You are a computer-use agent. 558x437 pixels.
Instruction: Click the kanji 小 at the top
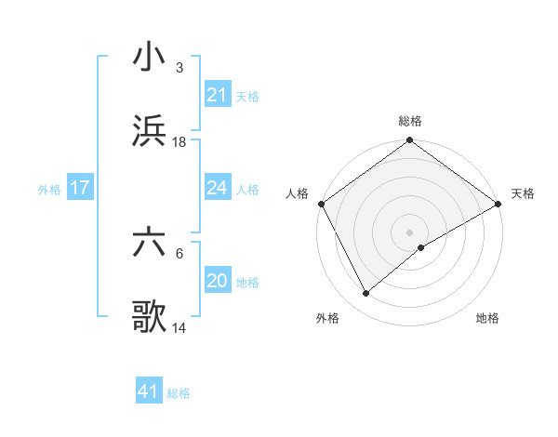[x=149, y=58]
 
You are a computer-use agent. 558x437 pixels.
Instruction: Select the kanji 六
[x=149, y=245]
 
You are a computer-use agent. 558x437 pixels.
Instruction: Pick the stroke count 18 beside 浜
[x=179, y=142]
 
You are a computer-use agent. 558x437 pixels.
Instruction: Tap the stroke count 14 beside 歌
[x=179, y=329]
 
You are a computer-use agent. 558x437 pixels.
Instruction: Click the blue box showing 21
[x=217, y=95]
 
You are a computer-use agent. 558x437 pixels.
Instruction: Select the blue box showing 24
[x=217, y=188]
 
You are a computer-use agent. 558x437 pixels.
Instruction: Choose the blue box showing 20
[x=217, y=282]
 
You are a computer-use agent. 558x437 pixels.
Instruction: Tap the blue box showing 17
[x=79, y=189]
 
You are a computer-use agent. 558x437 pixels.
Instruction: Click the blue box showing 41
[x=149, y=392]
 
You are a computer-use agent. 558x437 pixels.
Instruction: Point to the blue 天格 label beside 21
[x=247, y=96]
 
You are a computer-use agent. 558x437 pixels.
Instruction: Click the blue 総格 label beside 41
[x=179, y=393]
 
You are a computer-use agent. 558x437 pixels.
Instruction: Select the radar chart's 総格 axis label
[x=410, y=121]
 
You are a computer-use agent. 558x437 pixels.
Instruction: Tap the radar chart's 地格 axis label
[x=487, y=319]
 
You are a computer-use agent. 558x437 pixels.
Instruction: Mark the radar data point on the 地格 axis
[x=421, y=247]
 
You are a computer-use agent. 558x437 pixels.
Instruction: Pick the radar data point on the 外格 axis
[x=366, y=293]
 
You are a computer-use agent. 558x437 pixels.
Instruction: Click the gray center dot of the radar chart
[x=410, y=231]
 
